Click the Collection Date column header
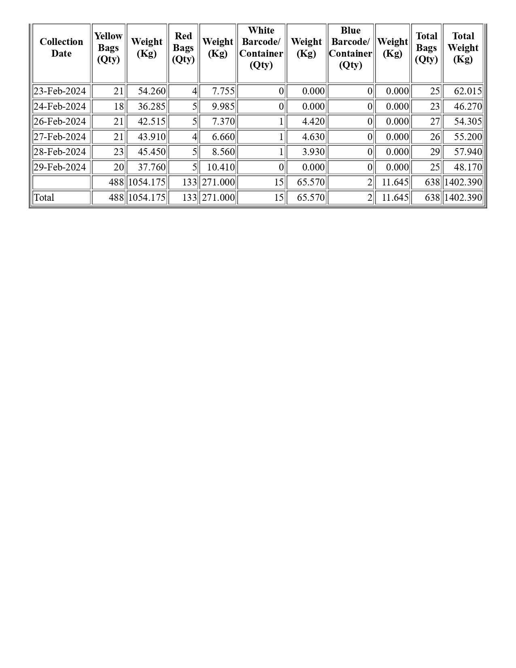pos(62,48)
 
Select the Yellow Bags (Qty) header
pos(108,48)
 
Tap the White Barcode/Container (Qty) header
pos(261,48)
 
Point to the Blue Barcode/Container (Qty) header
pos(350,48)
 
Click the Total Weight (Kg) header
pos(463,48)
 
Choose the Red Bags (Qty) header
pos(183,48)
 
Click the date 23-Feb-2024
pos(59,91)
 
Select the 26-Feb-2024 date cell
pos(59,121)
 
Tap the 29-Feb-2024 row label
pos(59,167)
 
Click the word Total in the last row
pos(44,198)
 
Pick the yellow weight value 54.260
pos(152,91)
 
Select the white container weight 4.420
pos(313,121)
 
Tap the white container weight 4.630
pos(313,137)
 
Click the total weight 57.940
pos(468,152)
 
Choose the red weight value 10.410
pos(221,167)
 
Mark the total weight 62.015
pos(468,91)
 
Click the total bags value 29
pos(435,152)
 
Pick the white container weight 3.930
pos(313,152)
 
